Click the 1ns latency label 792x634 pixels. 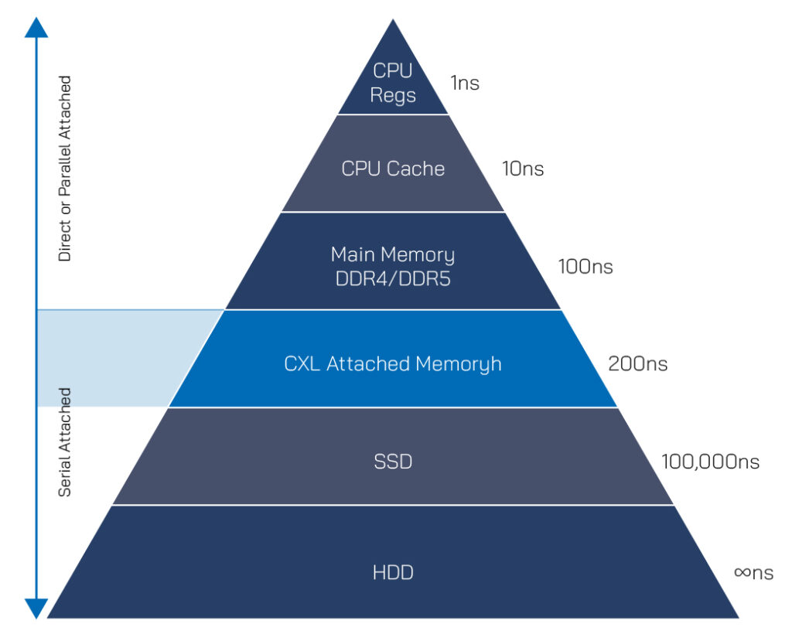point(465,83)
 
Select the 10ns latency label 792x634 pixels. point(523,169)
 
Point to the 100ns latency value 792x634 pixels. point(585,267)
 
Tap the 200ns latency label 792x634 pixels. point(638,363)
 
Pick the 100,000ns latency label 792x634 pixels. point(710,462)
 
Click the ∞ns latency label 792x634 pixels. point(753,572)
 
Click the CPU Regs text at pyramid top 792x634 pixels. point(393,83)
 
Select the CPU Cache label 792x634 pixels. point(393,169)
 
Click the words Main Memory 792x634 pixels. point(393,254)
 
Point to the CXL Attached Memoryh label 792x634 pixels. point(393,363)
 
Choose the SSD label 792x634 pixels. point(393,462)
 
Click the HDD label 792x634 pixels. point(393,572)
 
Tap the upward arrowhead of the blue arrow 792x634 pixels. point(36,27)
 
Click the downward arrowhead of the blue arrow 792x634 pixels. point(36,608)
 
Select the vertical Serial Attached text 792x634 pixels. point(65,441)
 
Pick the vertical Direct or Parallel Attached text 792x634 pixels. point(65,168)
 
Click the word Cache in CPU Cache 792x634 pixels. point(418,169)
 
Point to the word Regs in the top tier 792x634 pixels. point(393,95)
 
